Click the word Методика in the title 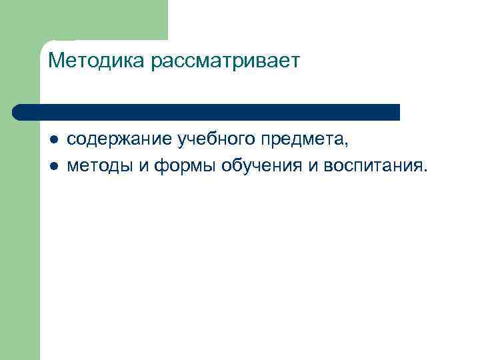click(x=97, y=61)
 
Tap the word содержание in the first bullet click(x=119, y=139)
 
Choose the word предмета click(x=304, y=139)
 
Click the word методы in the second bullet click(x=101, y=165)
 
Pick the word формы click(x=184, y=165)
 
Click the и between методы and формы click(x=143, y=165)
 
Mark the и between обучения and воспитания click(x=312, y=165)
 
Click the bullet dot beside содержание click(x=53, y=140)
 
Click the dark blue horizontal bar click(x=207, y=112)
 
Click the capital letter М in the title click(x=56, y=61)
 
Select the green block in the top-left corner click(x=100, y=20)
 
